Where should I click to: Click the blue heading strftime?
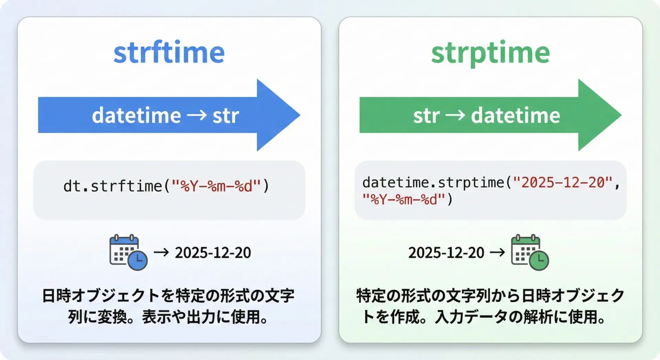coord(169,52)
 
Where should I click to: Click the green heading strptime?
coord(491,53)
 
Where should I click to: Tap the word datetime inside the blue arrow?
coord(136,115)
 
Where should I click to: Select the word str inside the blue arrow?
coord(225,116)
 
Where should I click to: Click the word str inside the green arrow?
coord(427,116)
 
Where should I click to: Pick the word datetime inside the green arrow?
coord(516,115)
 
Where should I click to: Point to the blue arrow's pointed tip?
coord(300,115)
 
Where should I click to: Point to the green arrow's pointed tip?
coord(621,115)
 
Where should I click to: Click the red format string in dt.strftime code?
coord(216,186)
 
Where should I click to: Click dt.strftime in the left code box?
coord(113,186)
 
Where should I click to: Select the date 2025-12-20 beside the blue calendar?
coord(213,253)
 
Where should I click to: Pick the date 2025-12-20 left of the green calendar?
coord(446,253)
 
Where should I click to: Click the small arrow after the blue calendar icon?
coord(161,253)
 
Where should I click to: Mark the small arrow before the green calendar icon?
coord(497,253)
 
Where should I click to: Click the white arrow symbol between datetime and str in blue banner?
coord(197,115)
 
